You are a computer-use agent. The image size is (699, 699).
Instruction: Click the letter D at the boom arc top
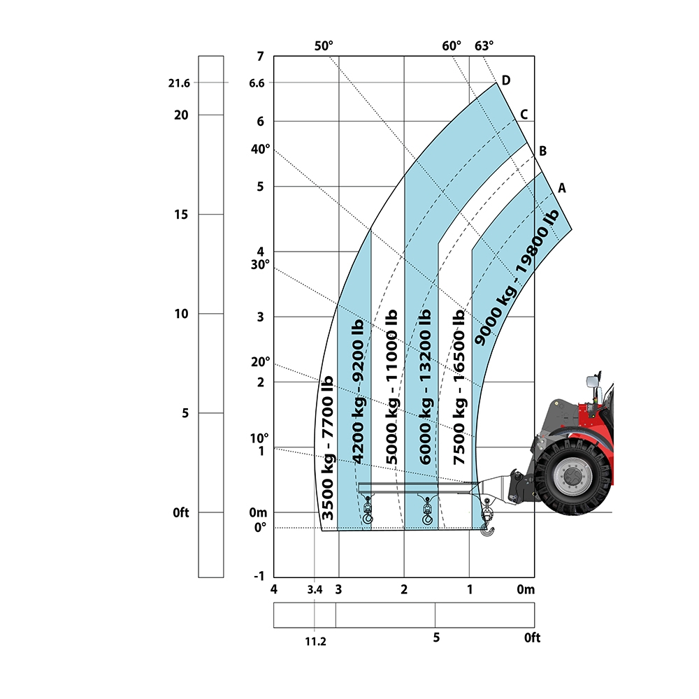tap(506, 80)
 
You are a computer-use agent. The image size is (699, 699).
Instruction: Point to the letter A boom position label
tap(562, 188)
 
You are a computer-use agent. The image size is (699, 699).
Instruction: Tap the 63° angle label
tap(484, 46)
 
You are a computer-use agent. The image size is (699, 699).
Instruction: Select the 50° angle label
tap(324, 46)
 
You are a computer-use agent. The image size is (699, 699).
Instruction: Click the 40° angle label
tap(260, 149)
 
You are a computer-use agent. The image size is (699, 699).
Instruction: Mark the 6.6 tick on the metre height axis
tap(257, 83)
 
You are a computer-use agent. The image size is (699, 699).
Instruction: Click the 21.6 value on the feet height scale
tap(179, 83)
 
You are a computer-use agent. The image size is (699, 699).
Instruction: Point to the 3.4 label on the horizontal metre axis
tap(315, 590)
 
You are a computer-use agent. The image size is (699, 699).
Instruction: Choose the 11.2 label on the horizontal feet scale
tap(316, 642)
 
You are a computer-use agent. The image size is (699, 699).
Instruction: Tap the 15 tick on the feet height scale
tap(181, 215)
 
